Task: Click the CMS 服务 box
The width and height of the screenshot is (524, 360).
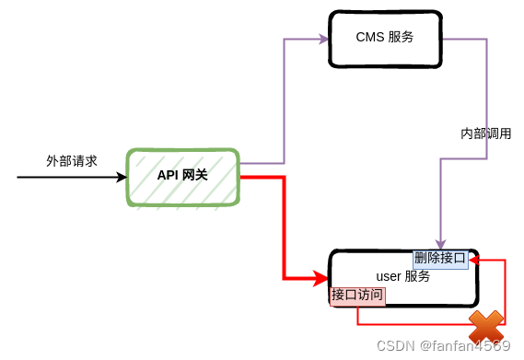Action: [384, 39]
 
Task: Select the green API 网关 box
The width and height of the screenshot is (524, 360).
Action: [183, 176]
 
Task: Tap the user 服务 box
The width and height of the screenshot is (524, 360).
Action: [403, 277]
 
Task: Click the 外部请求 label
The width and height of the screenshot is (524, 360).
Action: [72, 160]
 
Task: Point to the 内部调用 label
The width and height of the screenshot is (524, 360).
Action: [485, 134]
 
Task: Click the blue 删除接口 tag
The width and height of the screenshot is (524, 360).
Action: [440, 258]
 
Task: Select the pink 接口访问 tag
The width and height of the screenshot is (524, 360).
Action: [357, 296]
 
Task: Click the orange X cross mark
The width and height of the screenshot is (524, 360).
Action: [486, 326]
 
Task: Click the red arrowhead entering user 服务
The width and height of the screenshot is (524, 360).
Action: [320, 277]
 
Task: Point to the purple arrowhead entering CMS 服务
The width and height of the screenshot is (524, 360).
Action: [323, 39]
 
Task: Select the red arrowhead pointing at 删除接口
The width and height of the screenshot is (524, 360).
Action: [474, 261]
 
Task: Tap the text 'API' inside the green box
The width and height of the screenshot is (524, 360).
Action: [167, 175]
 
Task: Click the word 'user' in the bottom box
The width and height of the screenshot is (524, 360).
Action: [389, 276]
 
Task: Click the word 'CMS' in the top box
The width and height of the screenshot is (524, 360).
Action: [368, 38]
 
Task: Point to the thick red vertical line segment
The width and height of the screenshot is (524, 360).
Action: [285, 226]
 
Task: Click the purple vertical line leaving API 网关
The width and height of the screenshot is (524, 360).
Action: [285, 101]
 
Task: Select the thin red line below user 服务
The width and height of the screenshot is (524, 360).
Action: [414, 325]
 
